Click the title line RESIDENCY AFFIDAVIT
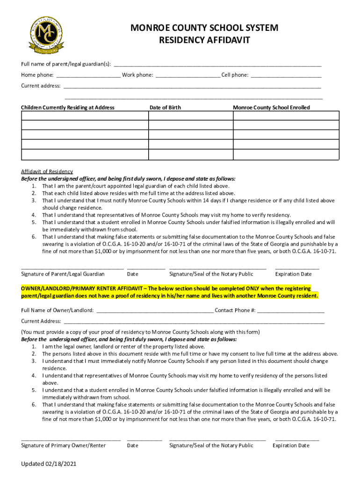[x=204, y=41]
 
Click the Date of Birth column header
[x=165, y=108]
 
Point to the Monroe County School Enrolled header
[x=271, y=108]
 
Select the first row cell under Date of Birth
[x=190, y=116]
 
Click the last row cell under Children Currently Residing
[x=85, y=154]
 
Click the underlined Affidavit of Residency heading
[x=47, y=171]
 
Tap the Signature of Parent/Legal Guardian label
[x=63, y=274]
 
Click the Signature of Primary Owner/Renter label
[x=63, y=445]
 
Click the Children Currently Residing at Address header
[x=68, y=108]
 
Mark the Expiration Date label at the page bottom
[x=291, y=445]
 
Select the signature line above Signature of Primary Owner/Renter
[x=71, y=440]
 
